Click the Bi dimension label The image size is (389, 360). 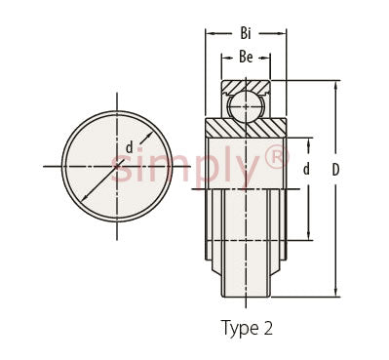click(x=246, y=33)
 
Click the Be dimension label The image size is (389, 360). click(x=246, y=57)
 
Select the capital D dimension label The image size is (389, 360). click(x=335, y=170)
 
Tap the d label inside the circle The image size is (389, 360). click(x=130, y=147)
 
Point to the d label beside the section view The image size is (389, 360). click(x=306, y=169)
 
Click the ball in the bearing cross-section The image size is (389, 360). click(x=246, y=105)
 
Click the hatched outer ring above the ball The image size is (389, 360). click(x=246, y=87)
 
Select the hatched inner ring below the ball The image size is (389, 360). click(x=246, y=128)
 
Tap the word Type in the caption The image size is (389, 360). click(x=238, y=328)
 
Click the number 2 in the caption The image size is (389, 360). click(x=267, y=328)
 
